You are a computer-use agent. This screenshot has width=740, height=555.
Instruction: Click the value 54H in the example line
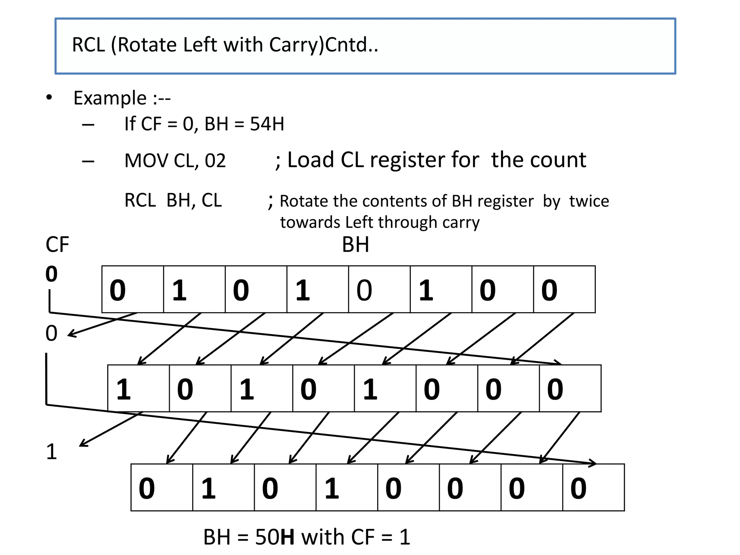[x=267, y=124]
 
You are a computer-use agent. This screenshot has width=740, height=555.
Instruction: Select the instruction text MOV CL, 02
[x=175, y=161]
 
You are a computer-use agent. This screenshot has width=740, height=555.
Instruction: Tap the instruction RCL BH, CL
[x=173, y=201]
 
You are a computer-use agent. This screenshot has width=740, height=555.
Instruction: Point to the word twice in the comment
[x=589, y=201]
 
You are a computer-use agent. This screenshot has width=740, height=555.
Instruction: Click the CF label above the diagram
[x=57, y=245]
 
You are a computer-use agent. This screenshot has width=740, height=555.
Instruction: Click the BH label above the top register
[x=355, y=245]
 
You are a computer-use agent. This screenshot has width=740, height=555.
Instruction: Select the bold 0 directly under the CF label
[x=51, y=274]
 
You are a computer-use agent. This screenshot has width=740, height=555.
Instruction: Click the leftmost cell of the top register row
[x=133, y=289]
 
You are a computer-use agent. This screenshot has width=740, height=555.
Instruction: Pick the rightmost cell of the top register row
[x=564, y=289]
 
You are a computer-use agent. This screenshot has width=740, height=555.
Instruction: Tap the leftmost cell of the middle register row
[x=138, y=388]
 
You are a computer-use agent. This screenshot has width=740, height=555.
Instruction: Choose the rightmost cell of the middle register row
[x=570, y=388]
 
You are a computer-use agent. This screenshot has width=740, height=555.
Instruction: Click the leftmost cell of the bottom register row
[x=162, y=487]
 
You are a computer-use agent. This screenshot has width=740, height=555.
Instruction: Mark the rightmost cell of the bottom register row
[x=593, y=487]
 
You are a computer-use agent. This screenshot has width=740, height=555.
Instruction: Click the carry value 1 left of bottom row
[x=51, y=452]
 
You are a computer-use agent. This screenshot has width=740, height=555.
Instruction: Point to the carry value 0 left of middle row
[x=51, y=333]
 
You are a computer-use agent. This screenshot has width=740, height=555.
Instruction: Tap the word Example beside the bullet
[x=110, y=98]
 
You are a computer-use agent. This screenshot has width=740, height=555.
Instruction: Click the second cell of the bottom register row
[x=223, y=487]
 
